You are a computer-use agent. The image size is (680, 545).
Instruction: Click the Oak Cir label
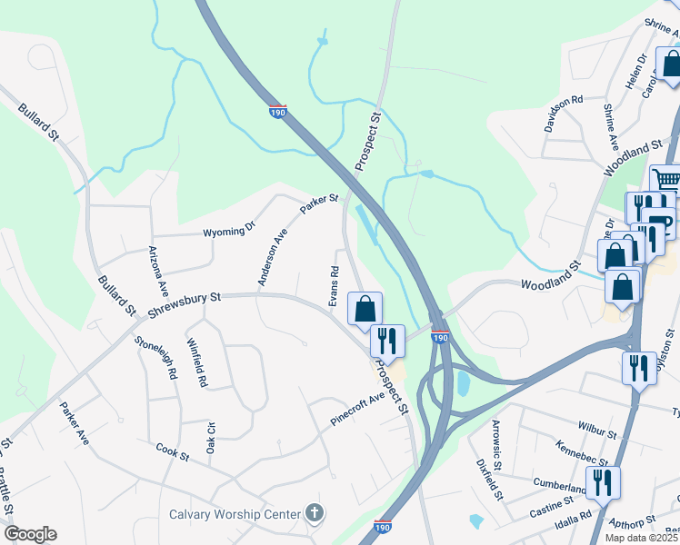pyautogui.click(x=211, y=440)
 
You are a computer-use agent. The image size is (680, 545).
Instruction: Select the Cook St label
pyautogui.click(x=172, y=451)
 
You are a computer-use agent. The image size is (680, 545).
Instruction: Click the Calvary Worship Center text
pyautogui.click(x=235, y=515)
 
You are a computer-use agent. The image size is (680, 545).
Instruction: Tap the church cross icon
pyautogui.click(x=315, y=515)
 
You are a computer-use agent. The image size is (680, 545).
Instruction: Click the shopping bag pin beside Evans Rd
pyautogui.click(x=365, y=308)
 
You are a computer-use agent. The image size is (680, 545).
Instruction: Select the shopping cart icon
pyautogui.click(x=666, y=179)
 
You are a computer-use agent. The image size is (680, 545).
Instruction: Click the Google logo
pyautogui.click(x=30, y=534)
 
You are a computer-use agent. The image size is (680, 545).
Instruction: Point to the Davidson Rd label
pyautogui.click(x=564, y=114)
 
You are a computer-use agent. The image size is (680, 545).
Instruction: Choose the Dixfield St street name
pyautogui.click(x=489, y=480)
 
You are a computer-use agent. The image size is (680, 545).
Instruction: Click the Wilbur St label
pyautogui.click(x=597, y=425)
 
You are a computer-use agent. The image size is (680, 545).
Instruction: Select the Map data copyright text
pyautogui.click(x=642, y=538)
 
